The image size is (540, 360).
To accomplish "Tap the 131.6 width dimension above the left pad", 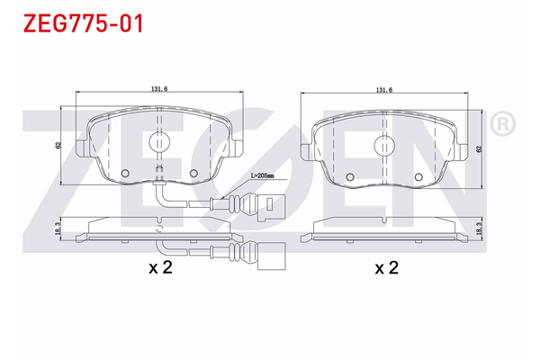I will tap(159, 88).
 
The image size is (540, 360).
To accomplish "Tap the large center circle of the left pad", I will tap(158, 141).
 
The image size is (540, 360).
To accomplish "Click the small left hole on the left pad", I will tap(126, 174).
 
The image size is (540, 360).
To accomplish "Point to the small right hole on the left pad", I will tap(193, 174).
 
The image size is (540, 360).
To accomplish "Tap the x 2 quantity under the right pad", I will tap(386, 268).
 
